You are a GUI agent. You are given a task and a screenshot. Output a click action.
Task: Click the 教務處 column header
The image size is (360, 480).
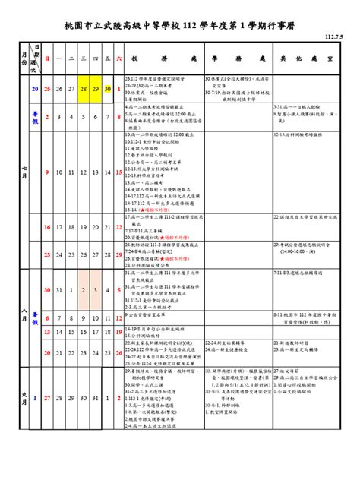(x=163, y=58)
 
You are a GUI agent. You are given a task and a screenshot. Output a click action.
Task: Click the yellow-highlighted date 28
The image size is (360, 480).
(x=83, y=89)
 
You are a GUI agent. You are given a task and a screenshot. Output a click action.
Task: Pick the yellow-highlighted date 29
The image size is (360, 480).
(x=96, y=89)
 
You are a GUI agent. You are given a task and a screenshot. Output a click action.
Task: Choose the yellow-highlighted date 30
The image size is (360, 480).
(x=108, y=89)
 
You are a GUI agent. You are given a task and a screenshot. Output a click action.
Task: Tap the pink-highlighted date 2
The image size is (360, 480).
(x=83, y=289)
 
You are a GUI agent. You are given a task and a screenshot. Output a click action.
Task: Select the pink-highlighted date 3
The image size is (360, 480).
(x=96, y=289)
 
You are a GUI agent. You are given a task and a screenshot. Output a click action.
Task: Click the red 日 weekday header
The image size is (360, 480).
(x=47, y=58)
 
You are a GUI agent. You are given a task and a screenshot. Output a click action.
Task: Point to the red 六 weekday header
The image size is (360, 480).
(x=119, y=58)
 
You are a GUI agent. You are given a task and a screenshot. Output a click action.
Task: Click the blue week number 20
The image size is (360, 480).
(x=34, y=89)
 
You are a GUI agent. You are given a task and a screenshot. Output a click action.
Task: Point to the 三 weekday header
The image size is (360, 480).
(x=83, y=58)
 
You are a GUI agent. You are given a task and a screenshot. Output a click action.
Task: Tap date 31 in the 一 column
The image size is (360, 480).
(x=59, y=289)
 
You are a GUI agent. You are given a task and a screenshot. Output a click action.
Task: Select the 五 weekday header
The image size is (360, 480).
(x=108, y=58)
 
